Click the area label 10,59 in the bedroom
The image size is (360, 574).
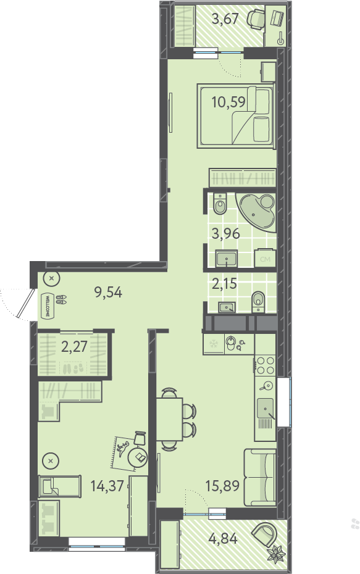click(x=228, y=102)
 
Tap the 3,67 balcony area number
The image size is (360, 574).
click(x=225, y=19)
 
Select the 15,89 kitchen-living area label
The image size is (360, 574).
click(x=222, y=486)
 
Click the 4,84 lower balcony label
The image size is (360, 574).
click(x=223, y=538)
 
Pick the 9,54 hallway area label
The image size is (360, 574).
click(x=108, y=292)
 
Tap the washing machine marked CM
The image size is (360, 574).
click(x=265, y=259)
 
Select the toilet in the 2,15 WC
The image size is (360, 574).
click(x=258, y=302)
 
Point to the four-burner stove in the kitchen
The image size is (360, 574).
click(x=266, y=365)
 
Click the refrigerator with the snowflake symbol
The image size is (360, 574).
click(x=213, y=344)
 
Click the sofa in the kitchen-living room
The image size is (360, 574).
click(x=260, y=477)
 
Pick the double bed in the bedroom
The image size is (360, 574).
click(x=235, y=115)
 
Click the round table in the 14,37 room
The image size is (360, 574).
click(x=137, y=457)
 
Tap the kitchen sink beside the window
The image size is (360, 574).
click(x=265, y=408)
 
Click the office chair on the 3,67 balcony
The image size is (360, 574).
click(x=256, y=19)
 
